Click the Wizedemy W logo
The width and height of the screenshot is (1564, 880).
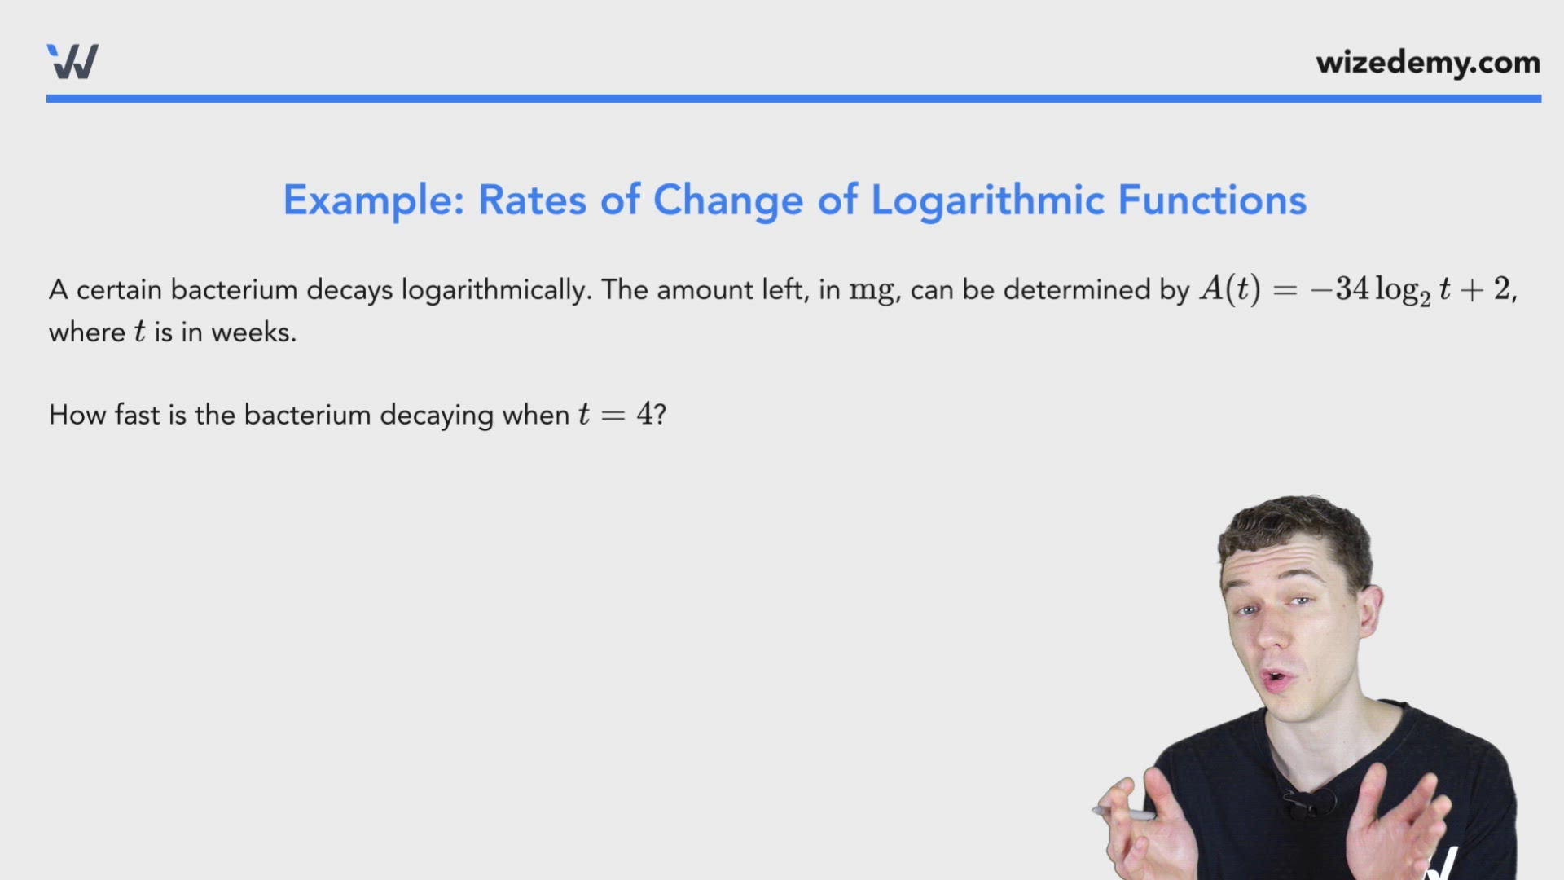(72, 62)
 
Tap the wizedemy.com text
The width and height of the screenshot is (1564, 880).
(1427, 63)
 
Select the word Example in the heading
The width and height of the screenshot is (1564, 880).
(373, 200)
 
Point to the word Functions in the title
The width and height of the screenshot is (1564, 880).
(1212, 200)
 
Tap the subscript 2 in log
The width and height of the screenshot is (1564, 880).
(1425, 300)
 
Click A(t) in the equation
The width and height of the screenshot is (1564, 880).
(1229, 289)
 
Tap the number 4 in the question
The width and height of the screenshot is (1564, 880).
(644, 414)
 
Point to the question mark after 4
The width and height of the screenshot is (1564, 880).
(660, 414)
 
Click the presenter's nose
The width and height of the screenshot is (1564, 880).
(1267, 631)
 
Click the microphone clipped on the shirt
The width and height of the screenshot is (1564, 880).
(1302, 803)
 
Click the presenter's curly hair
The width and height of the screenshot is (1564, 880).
(1295, 530)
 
